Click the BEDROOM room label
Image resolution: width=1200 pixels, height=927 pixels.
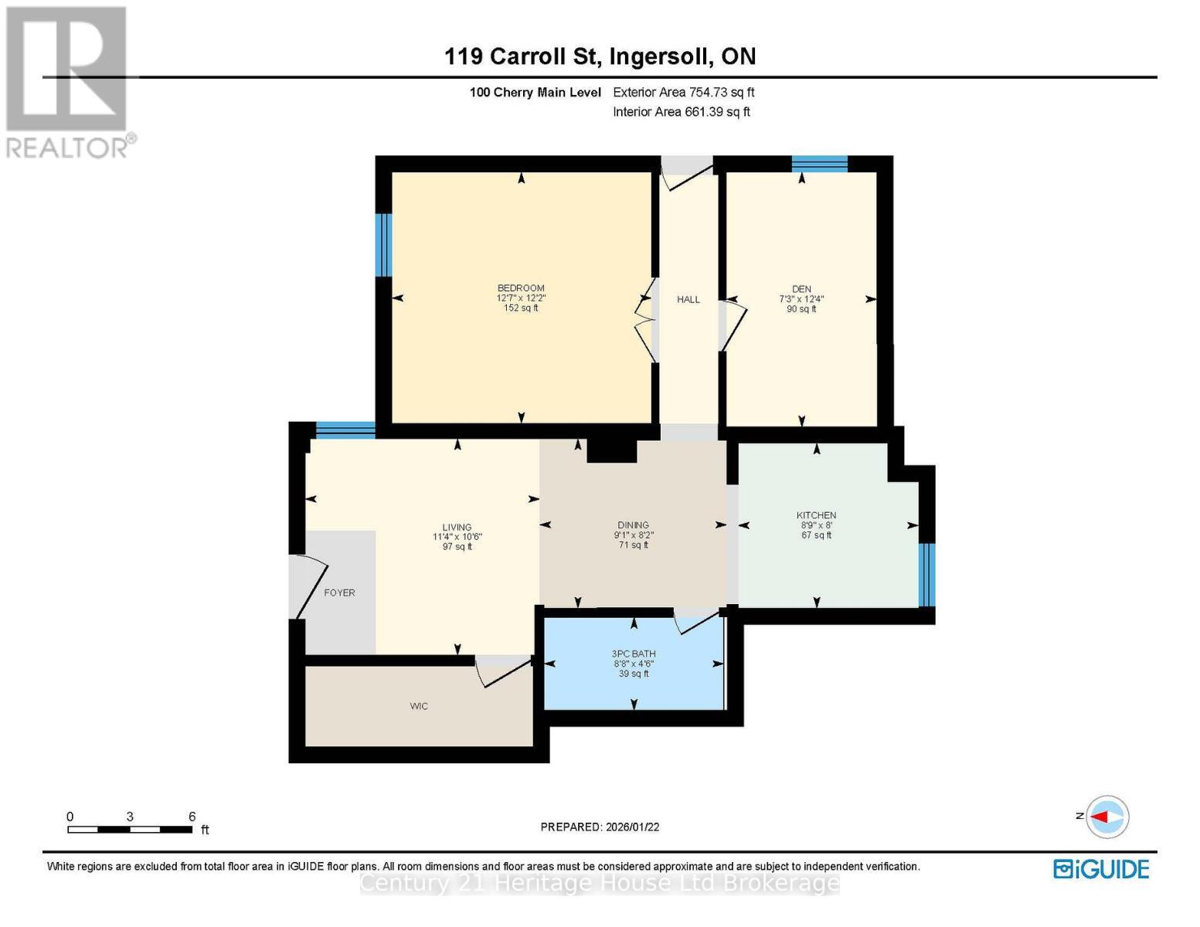[521, 288]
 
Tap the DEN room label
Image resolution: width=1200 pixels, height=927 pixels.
[801, 289]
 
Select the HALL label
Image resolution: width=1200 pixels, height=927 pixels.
[688, 300]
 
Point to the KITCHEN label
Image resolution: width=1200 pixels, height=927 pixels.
[816, 515]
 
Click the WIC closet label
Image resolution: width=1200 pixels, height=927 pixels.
[419, 706]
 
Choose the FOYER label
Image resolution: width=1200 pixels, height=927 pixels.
[339, 593]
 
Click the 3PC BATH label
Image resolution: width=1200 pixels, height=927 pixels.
[634, 654]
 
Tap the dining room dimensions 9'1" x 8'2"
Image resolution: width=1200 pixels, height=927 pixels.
[634, 535]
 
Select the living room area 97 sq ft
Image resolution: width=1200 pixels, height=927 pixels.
[457, 547]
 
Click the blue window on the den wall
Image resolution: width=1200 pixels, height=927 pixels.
[819, 164]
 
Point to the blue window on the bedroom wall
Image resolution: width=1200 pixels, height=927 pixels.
[383, 245]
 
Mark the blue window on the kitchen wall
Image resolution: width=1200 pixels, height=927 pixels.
[926, 575]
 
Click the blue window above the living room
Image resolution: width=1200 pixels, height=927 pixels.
[345, 430]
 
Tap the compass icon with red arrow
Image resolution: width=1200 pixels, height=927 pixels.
[1107, 817]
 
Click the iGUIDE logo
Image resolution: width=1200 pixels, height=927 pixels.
[1101, 869]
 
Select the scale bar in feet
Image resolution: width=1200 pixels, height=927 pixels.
[130, 829]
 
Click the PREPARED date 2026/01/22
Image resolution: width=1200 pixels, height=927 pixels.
[600, 827]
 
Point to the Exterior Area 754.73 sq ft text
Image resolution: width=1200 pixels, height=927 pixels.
[683, 92]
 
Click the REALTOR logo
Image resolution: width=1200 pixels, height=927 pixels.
[68, 81]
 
